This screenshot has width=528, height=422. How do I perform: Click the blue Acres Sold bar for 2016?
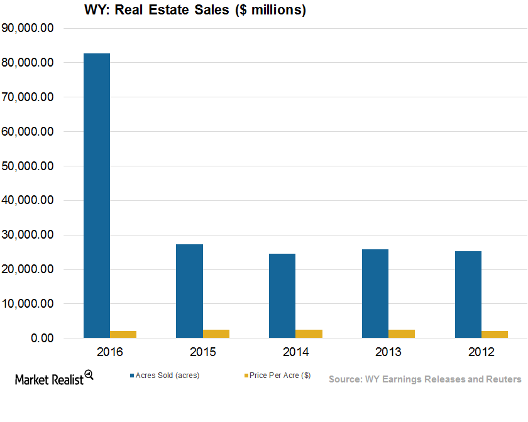[97, 196]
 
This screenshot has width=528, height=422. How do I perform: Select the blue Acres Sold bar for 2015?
[189, 291]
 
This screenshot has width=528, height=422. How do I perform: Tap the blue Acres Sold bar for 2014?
[282, 296]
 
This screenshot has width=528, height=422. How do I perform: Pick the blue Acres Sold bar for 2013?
[375, 294]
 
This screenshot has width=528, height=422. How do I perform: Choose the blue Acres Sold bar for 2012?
[468, 295]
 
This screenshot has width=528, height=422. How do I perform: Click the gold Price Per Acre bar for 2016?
[123, 334]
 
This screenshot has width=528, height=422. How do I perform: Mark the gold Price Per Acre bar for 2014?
[309, 333]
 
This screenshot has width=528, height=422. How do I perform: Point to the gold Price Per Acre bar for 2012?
[495, 334]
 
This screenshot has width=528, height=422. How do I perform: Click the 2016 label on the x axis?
[110, 352]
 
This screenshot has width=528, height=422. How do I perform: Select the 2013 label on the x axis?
[388, 352]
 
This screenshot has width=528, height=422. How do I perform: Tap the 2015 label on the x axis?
[202, 352]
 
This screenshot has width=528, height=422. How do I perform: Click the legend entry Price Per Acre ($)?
[280, 376]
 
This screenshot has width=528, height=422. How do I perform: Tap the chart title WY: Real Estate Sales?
[194, 10]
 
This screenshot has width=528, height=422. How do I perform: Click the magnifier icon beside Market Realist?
[89, 376]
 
